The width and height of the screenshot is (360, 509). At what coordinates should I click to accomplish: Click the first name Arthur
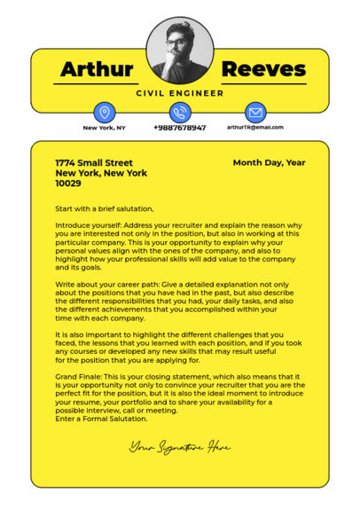coord(97,69)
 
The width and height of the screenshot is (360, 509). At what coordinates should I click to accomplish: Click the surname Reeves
coord(262,69)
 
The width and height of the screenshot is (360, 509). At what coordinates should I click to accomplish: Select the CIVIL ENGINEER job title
coord(180,92)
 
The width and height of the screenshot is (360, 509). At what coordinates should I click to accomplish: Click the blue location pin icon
coord(105,113)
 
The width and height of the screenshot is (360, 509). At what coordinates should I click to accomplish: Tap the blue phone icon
coord(180,113)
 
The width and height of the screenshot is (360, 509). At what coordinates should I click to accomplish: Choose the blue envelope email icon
coord(255,113)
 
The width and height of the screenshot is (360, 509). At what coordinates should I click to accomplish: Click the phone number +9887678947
coord(180,128)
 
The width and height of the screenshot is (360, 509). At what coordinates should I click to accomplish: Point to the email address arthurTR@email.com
coord(255,128)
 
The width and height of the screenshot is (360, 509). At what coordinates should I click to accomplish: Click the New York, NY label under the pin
coord(105,128)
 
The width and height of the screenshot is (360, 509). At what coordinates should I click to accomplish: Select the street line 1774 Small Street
coord(94,163)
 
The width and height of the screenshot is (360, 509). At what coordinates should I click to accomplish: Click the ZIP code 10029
coord(68,184)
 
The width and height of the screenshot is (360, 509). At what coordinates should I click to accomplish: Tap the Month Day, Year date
coord(269,163)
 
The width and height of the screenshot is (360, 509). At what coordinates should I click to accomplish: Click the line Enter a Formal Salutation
coord(101,419)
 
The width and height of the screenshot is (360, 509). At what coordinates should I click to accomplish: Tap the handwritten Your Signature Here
coord(180,447)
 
